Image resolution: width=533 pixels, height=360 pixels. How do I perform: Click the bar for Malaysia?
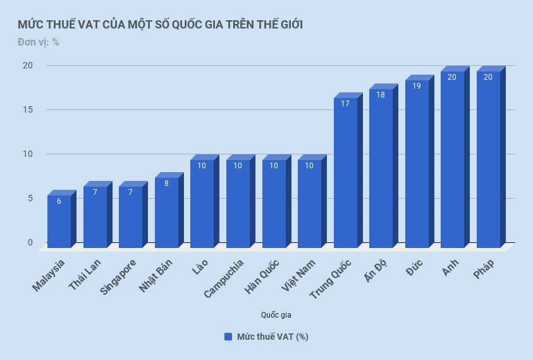tap(59, 221)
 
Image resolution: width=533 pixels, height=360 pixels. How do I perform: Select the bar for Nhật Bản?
tap(166, 213)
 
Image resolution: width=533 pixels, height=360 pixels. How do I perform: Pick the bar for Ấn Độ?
tap(381, 168)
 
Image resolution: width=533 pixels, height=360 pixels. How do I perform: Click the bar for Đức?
tap(417, 164)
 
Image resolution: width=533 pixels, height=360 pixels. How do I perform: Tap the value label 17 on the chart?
tap(345, 104)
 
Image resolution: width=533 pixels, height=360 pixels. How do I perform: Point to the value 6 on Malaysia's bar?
tap(59, 201)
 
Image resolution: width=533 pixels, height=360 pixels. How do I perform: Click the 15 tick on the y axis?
tap(27, 109)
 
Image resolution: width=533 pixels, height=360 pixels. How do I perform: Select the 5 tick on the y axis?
tap(30, 198)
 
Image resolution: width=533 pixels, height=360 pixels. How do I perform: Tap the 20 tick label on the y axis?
tap(27, 65)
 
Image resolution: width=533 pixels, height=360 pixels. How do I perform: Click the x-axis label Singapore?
tap(118, 276)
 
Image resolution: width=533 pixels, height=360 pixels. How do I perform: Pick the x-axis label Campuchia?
tap(224, 278)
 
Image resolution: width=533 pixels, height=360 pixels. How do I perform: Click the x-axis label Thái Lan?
tap(85, 275)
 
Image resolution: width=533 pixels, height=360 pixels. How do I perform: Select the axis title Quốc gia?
tap(276, 314)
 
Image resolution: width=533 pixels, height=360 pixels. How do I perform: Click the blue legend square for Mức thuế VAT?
tap(228, 337)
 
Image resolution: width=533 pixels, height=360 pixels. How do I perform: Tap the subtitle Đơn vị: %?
tap(38, 42)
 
